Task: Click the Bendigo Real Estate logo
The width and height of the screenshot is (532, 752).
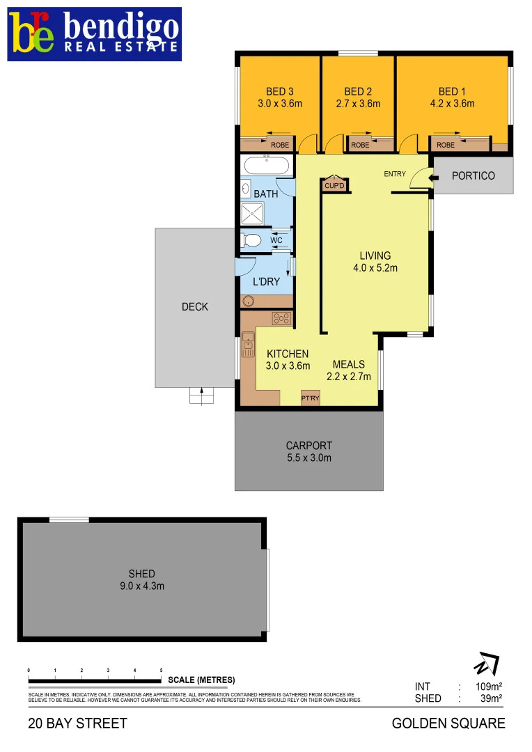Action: (95, 33)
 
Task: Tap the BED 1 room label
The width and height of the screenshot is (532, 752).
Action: (448, 91)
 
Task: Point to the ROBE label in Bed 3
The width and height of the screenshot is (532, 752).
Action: (280, 145)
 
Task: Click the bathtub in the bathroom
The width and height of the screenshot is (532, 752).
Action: (265, 166)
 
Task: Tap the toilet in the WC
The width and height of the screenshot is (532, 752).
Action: (251, 241)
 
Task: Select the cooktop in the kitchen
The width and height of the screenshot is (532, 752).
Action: (281, 320)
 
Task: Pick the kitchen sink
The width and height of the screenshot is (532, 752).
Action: (248, 345)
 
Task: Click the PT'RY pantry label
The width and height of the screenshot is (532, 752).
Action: (309, 398)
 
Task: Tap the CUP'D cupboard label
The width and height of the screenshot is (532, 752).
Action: (334, 185)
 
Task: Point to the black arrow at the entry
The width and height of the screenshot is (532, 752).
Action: (435, 178)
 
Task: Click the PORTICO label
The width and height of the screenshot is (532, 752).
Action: (474, 175)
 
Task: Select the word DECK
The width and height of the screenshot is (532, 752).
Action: (195, 306)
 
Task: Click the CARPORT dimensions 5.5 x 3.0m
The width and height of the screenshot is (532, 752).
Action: (309, 457)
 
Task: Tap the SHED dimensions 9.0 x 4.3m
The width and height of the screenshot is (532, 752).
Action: (142, 586)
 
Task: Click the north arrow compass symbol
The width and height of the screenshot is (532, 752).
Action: (486, 664)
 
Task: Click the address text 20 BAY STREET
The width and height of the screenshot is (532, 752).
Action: (78, 723)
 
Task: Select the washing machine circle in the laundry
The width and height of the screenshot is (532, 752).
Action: (249, 301)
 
